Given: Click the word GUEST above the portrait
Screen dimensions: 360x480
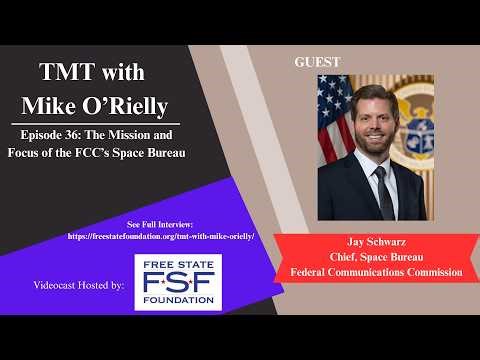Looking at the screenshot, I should [x=317, y=62].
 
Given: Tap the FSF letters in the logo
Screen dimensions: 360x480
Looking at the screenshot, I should [x=178, y=281].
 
